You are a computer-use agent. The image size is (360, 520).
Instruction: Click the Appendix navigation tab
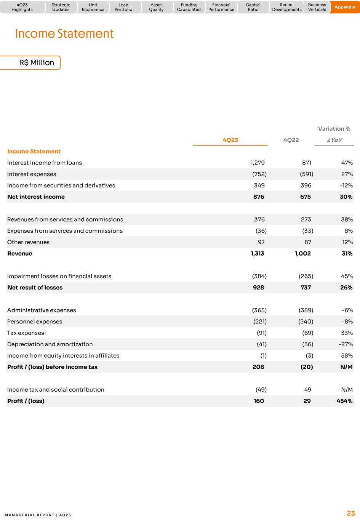tap(344, 7)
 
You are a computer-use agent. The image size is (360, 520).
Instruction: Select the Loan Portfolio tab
tap(123, 7)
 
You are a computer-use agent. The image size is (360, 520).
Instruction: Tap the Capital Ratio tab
tap(253, 7)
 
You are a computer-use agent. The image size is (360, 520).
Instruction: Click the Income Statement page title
tap(64, 34)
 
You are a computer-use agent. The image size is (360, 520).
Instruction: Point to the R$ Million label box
tap(37, 62)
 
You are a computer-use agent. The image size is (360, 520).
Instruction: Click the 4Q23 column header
tap(230, 140)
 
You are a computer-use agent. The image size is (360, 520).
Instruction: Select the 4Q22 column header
tap(291, 140)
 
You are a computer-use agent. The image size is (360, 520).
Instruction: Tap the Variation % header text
tap(334, 129)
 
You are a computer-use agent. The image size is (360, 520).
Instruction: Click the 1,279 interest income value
tap(258, 163)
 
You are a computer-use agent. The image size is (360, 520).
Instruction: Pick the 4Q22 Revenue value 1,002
tap(302, 253)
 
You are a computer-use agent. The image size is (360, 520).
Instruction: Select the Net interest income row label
tap(36, 197)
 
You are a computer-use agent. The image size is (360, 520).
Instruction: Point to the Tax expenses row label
tap(26, 333)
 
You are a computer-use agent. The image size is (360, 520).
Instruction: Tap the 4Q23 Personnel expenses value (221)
tap(260, 322)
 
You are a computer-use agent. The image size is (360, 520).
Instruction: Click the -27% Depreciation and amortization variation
tap(346, 344)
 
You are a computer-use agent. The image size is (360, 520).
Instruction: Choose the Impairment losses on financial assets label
tap(59, 276)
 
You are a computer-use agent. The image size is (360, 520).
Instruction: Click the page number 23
tap(350, 513)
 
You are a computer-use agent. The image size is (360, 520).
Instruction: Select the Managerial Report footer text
tap(38, 515)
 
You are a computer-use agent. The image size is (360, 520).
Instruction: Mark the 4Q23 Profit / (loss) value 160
tap(259, 401)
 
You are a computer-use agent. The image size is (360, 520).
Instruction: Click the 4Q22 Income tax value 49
tap(307, 389)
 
